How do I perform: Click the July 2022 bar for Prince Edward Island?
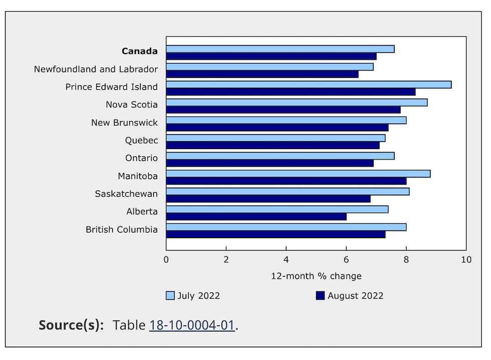coord(309,85)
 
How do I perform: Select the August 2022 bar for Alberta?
coord(256,217)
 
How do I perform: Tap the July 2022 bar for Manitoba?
coord(298,174)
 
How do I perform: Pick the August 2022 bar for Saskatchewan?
coord(268,199)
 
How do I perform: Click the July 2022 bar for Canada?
coord(280,49)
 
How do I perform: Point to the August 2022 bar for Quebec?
coord(273,145)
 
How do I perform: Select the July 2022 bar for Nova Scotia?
coord(297,103)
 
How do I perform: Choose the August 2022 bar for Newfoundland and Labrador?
coord(262,74)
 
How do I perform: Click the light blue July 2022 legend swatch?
coord(170,296)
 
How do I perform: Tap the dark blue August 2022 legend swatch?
coord(321,296)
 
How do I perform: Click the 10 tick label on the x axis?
coord(466,260)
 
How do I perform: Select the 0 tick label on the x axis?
coord(166,260)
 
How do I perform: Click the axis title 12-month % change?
coord(316,276)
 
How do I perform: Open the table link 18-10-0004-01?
coord(192,325)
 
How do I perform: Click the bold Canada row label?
coord(140,51)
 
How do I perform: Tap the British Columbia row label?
coord(122,230)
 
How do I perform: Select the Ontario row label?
coord(141,158)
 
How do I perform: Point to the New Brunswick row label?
coord(124,123)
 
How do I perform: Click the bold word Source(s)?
coord(71,325)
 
